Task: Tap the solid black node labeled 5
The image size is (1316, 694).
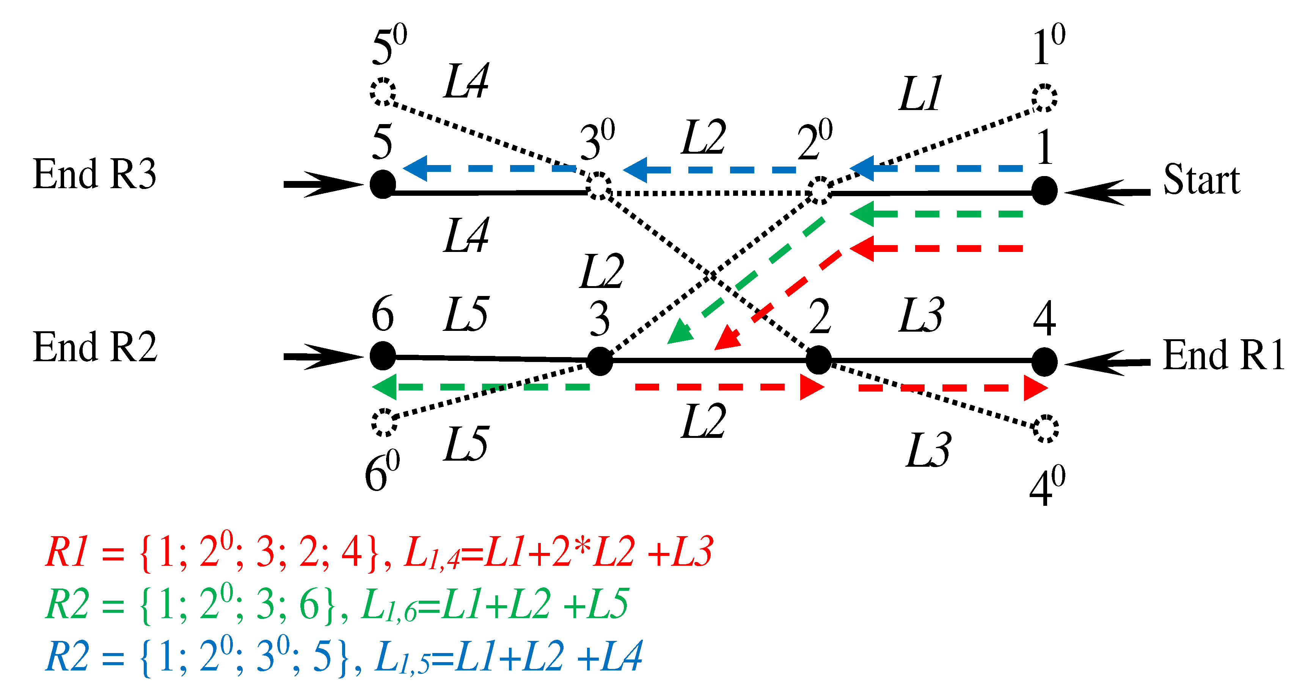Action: [383, 184]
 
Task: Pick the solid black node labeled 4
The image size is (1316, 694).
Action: [1044, 362]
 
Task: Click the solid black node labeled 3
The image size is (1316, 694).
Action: [600, 361]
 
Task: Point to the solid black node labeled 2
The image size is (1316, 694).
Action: [818, 360]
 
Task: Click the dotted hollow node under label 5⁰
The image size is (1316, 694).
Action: [383, 92]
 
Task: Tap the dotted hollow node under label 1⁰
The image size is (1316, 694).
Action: [1044, 98]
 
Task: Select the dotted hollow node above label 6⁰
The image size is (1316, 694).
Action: [384, 422]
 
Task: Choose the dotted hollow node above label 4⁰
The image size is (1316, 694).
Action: [1045, 429]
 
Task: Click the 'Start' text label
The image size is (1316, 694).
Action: [1201, 180]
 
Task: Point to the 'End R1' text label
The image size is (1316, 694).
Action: [1223, 356]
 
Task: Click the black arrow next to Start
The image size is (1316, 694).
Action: [1106, 192]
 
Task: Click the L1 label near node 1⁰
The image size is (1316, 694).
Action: [920, 94]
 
